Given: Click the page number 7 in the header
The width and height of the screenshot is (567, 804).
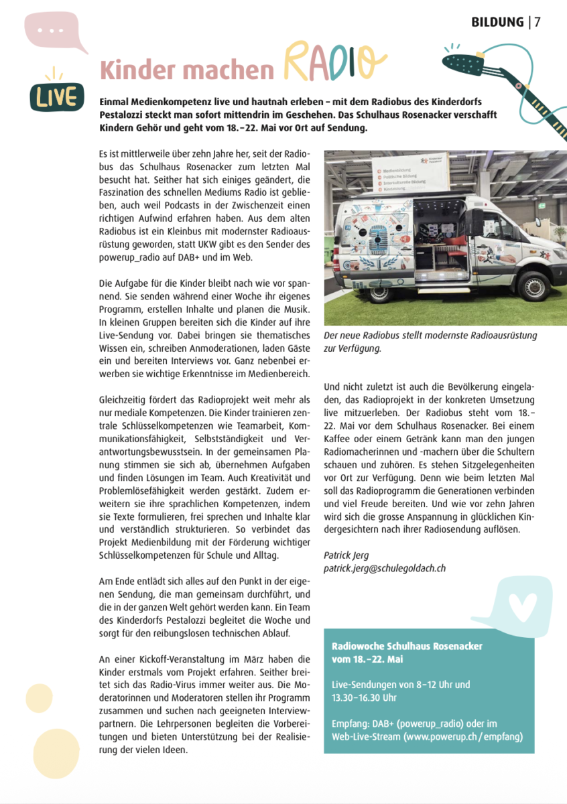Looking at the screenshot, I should tap(538, 22).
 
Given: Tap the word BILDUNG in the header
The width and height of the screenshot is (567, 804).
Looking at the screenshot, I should tap(497, 22).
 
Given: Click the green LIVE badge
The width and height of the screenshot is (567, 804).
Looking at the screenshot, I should tap(56, 98).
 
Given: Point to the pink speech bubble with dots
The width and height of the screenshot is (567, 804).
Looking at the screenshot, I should tap(55, 32).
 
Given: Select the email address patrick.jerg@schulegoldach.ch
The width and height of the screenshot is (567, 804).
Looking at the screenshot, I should tap(384, 568).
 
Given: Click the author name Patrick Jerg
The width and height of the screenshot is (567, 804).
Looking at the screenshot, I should tap(346, 555).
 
